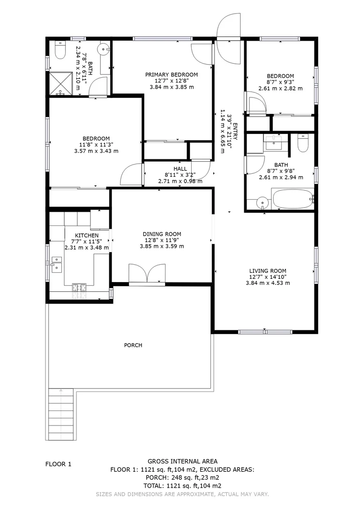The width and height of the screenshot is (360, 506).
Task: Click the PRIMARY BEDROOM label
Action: [x=171, y=74]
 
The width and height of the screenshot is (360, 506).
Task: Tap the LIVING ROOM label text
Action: [x=268, y=270]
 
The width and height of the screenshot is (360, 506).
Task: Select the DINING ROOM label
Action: [x=162, y=234]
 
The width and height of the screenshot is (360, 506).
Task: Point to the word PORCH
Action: [x=133, y=345]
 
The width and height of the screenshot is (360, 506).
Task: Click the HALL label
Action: [x=180, y=169]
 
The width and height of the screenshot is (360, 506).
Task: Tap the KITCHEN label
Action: [x=87, y=235]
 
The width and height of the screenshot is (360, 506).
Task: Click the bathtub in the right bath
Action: [x=292, y=199]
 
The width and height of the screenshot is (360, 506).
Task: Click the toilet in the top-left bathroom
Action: [x=60, y=51]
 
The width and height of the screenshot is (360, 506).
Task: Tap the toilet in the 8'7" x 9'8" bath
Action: [x=303, y=143]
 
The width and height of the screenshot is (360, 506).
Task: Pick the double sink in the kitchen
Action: [x=56, y=264]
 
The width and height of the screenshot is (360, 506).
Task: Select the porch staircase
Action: [x=61, y=414]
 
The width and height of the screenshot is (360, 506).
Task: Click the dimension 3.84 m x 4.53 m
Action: [x=268, y=283]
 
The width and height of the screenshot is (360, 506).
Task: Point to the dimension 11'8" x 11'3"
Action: [x=96, y=145]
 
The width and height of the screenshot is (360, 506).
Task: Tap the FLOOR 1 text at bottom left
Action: [x=58, y=464]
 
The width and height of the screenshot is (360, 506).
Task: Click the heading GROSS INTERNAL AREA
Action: [x=182, y=461]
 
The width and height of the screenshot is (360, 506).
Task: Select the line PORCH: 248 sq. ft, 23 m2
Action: [x=182, y=477]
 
